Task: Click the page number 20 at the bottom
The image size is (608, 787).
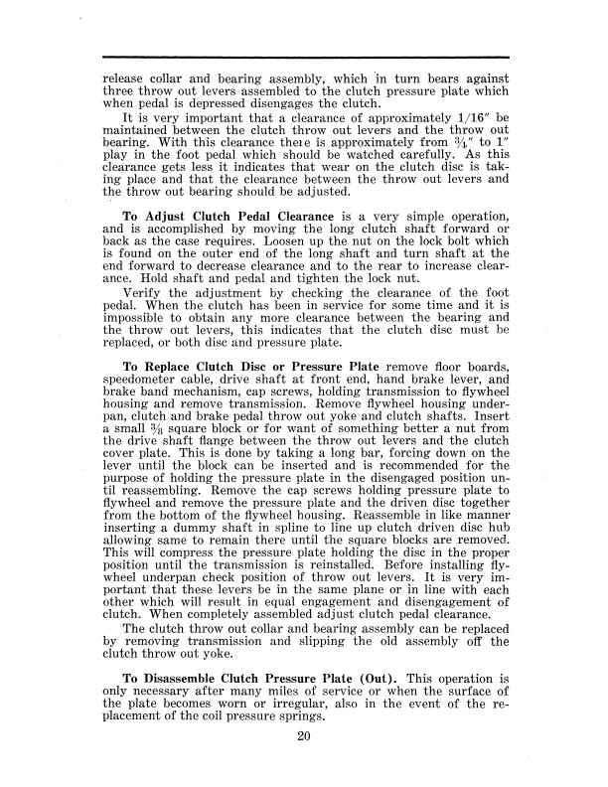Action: tap(305, 736)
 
